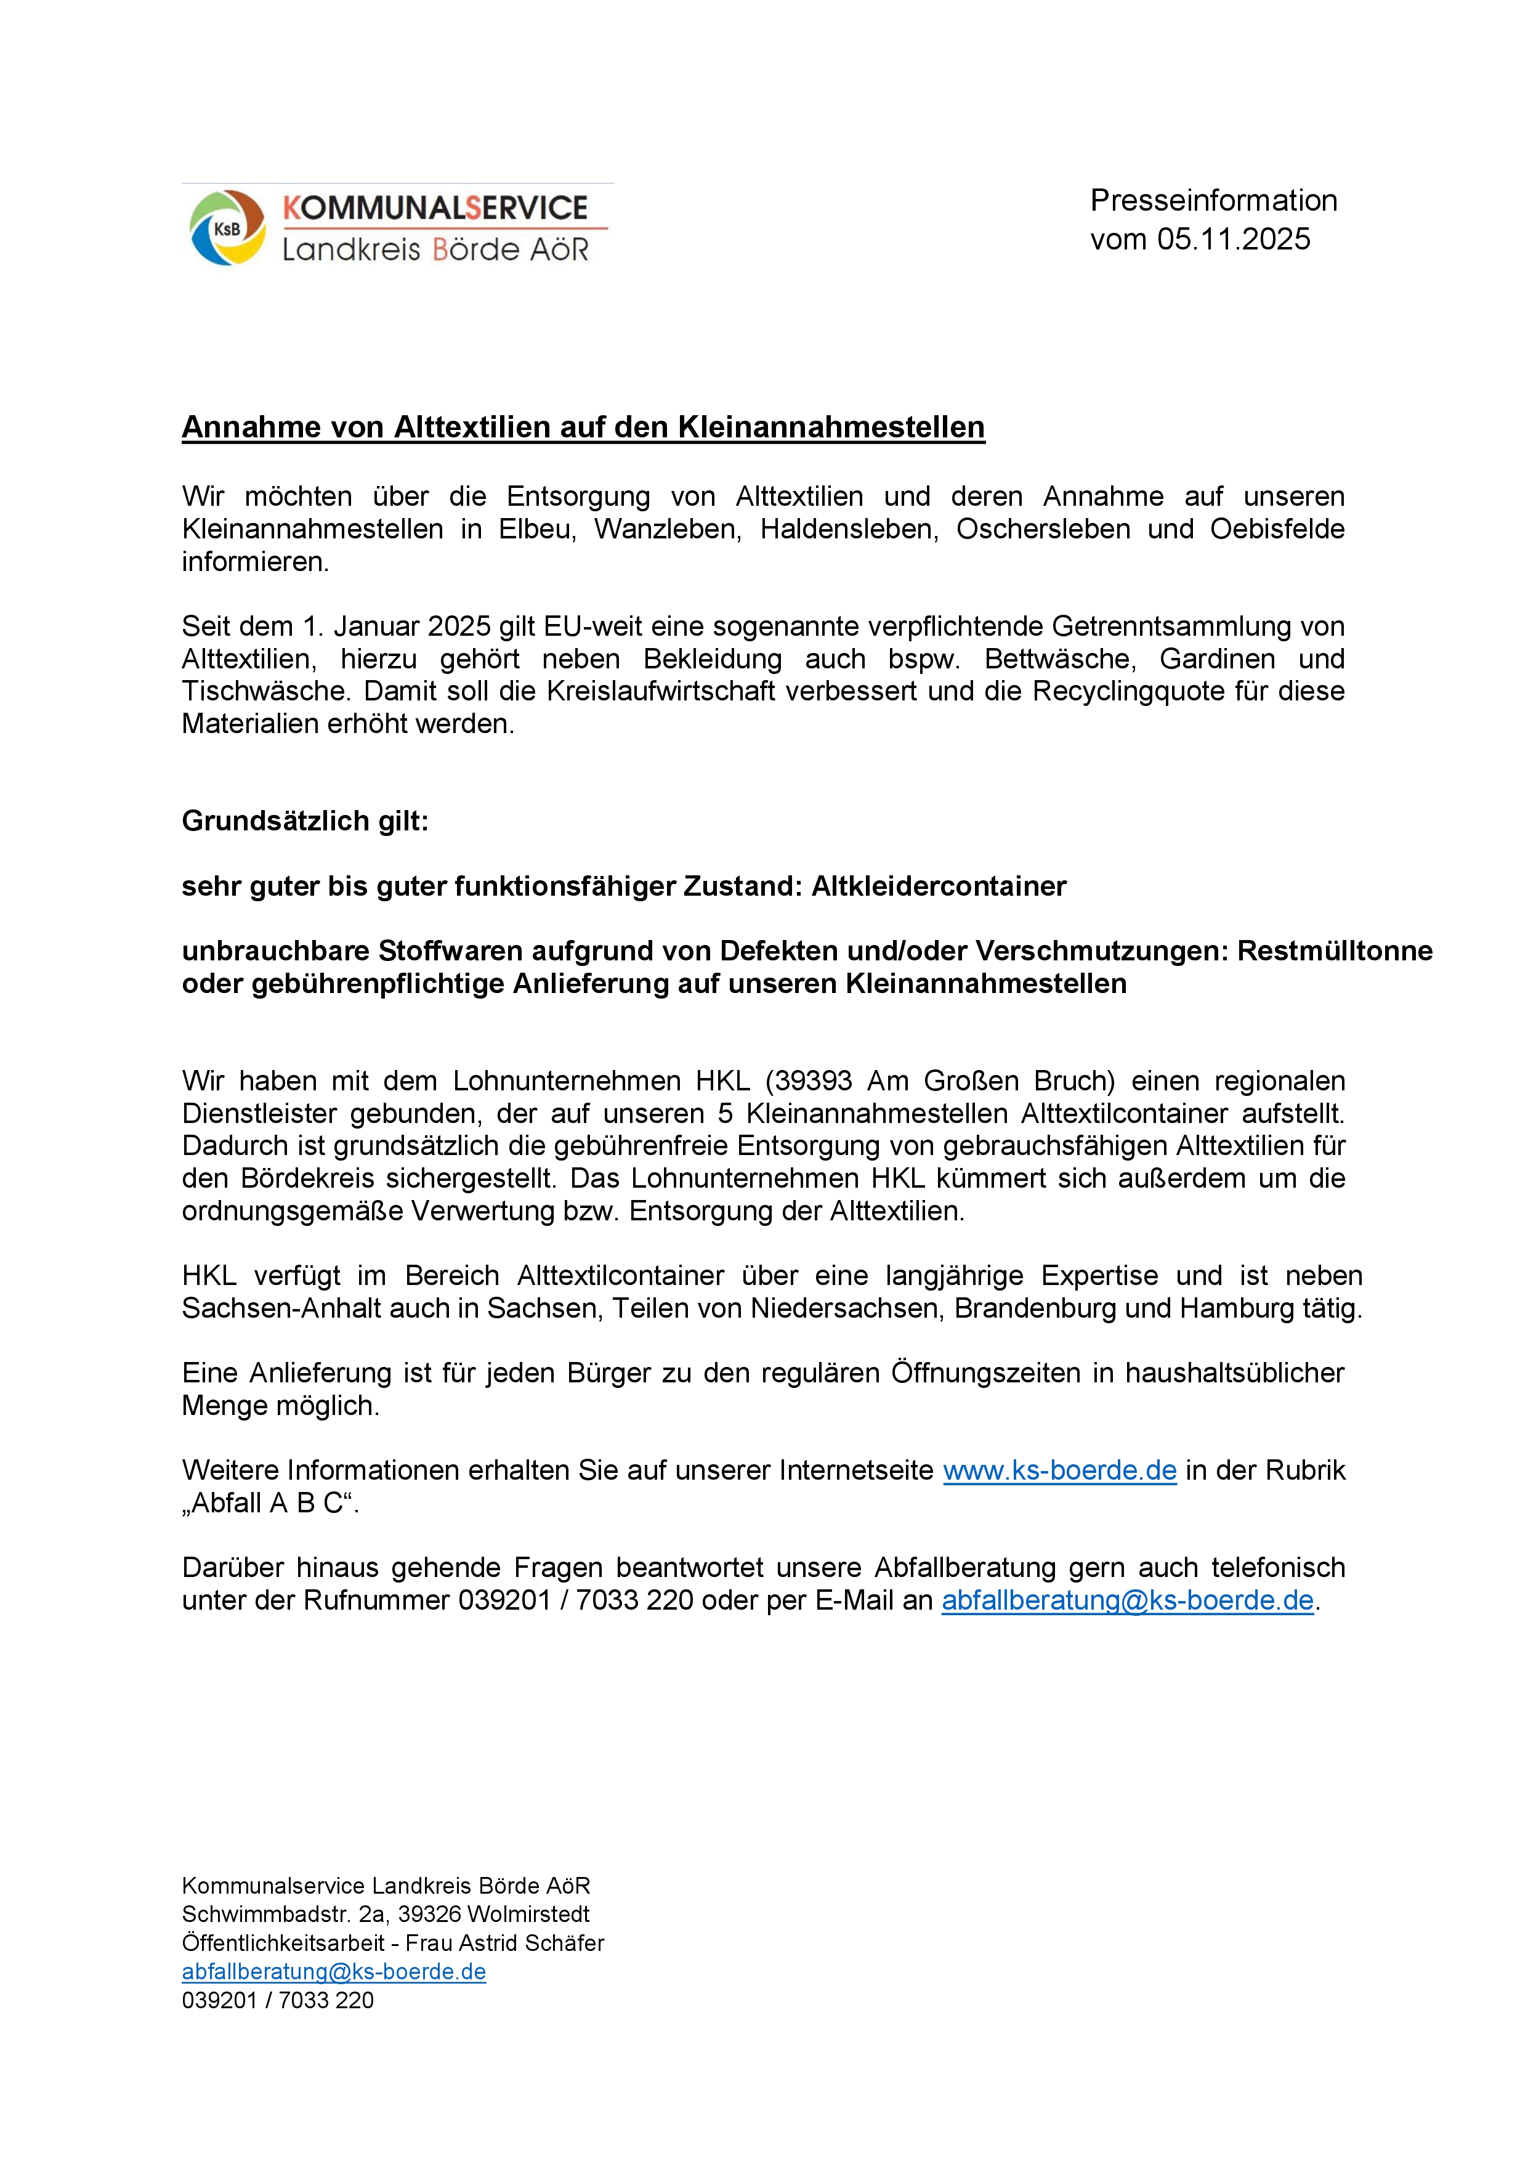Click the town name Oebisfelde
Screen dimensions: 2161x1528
[x=1277, y=529]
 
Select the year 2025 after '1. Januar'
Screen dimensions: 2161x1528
[x=459, y=626]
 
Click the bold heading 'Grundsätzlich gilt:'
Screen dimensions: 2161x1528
[x=305, y=821]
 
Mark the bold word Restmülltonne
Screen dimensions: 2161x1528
[x=1334, y=951]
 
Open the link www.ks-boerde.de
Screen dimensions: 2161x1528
[x=1059, y=1470]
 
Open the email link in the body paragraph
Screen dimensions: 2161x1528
[x=1127, y=1600]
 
